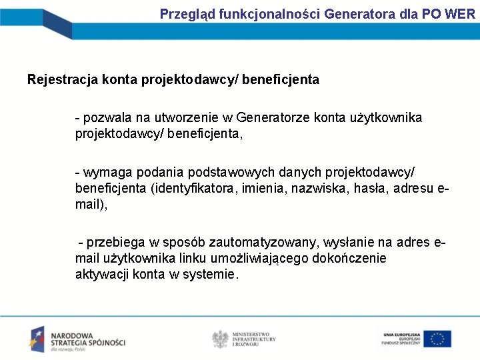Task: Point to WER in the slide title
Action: coord(459,13)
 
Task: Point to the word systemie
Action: coord(211,274)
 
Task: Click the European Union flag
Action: coord(437,339)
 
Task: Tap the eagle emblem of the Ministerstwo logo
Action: coord(219,339)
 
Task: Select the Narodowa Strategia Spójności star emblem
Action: coord(37,339)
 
